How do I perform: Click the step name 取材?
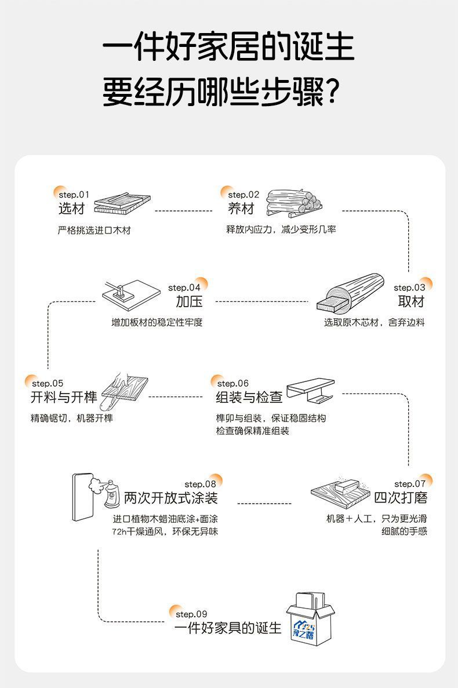point(411,301)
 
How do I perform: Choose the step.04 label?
point(184,287)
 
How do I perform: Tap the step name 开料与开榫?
point(64,397)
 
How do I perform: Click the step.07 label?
point(410,483)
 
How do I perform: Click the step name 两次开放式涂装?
point(171,497)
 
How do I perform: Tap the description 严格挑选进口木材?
point(94,230)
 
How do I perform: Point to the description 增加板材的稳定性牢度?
point(157,322)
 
